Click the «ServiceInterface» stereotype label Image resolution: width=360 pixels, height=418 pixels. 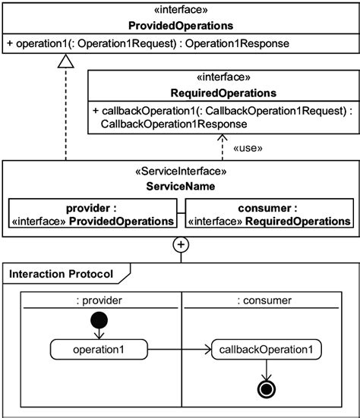click(x=181, y=171)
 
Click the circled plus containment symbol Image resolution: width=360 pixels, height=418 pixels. click(x=180, y=244)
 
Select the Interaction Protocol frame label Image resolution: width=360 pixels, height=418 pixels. click(x=61, y=273)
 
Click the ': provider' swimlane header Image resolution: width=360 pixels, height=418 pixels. click(x=99, y=300)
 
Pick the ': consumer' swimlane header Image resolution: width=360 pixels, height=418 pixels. click(x=264, y=300)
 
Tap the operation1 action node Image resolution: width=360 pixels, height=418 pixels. click(x=99, y=350)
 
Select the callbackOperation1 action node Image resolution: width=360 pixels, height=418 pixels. click(x=267, y=350)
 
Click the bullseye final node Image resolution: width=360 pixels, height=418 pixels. click(x=267, y=390)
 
